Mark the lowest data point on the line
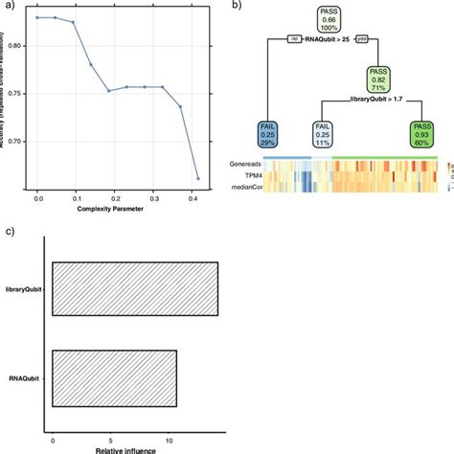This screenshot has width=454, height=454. pos(198,179)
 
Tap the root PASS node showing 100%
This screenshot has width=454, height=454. pos(329,18)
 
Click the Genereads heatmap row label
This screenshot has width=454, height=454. pos(243,164)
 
